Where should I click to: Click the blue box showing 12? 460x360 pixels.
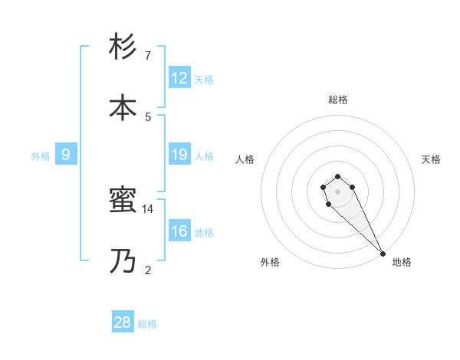[179, 77]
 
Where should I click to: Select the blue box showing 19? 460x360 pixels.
[179, 155]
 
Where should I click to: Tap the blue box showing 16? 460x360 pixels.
[179, 231]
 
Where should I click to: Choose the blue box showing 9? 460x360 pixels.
[66, 155]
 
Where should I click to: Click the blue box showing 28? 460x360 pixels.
[123, 322]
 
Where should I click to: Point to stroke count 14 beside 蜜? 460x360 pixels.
[148, 208]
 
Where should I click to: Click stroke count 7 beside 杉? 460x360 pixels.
[148, 55]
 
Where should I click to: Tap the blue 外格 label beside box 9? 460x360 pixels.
[41, 155]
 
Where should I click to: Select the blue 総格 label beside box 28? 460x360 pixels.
[147, 323]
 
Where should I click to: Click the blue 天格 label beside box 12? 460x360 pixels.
[203, 79]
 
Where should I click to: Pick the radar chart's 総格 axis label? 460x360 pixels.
[338, 100]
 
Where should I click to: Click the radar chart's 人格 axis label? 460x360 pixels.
[245, 159]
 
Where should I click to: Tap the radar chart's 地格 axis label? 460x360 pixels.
[402, 262]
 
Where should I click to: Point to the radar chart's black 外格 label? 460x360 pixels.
[270, 262]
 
